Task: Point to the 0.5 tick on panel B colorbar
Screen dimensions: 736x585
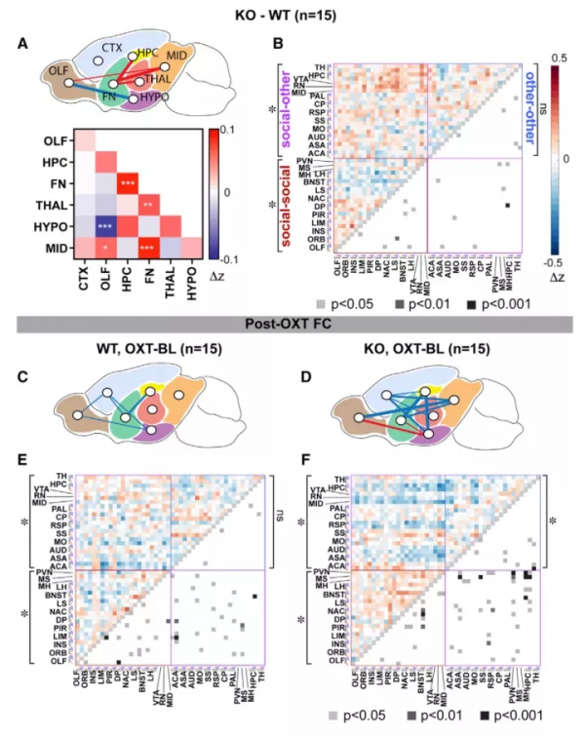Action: coord(561,58)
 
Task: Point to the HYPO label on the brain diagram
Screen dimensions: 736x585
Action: coord(151,98)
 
